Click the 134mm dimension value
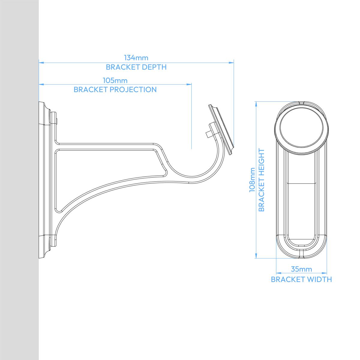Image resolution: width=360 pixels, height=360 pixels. (136, 58)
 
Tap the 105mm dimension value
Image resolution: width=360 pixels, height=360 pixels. (115, 80)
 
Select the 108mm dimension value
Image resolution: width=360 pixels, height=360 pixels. (252, 180)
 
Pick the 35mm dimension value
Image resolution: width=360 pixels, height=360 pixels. (301, 269)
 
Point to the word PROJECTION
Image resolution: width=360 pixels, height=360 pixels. (133, 90)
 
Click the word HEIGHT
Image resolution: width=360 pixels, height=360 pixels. (261, 164)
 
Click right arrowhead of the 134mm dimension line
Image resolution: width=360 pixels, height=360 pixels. (232, 63)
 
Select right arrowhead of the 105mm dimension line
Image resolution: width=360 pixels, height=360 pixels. (189, 84)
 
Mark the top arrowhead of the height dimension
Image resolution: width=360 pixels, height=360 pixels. (256, 104)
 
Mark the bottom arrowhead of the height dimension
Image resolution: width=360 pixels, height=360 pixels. (256, 256)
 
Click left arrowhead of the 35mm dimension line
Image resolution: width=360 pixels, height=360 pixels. (279, 274)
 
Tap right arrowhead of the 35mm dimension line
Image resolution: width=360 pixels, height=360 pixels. (324, 274)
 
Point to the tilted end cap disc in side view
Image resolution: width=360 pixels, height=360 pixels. (221, 130)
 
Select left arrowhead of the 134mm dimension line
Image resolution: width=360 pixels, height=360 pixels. (41, 63)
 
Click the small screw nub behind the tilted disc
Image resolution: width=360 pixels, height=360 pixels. (208, 134)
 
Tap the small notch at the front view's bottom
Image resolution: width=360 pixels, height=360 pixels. (301, 254)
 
